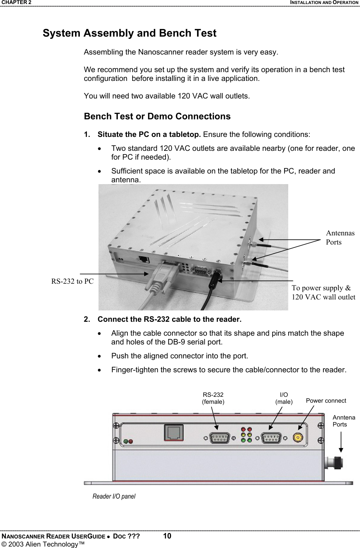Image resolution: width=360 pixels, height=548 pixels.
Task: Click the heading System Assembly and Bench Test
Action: pyautogui.click(x=129, y=33)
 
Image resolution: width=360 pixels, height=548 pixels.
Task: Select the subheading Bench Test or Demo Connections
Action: pyautogui.click(x=157, y=116)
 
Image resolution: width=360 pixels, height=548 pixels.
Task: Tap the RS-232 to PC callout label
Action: pyautogui.click(x=72, y=281)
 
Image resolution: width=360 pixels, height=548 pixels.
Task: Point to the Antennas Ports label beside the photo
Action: pyautogui.click(x=340, y=238)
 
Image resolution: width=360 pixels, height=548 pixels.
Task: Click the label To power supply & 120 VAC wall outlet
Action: pyautogui.click(x=323, y=292)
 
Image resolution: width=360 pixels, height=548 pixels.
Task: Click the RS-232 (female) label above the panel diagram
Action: pyautogui.click(x=213, y=398)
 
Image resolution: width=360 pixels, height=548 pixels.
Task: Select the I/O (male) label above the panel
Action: pyautogui.click(x=284, y=398)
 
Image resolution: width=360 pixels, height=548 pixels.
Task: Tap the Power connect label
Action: pyautogui.click(x=326, y=400)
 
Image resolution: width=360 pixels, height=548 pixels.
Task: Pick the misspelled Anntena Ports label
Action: pyautogui.click(x=344, y=421)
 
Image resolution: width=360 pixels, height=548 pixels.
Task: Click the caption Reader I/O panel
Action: pyautogui.click(x=114, y=496)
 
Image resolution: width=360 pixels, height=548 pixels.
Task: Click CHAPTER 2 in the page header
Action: pyautogui.click(x=16, y=3)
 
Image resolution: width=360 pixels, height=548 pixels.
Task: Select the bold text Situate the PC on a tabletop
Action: pyautogui.click(x=149, y=134)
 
